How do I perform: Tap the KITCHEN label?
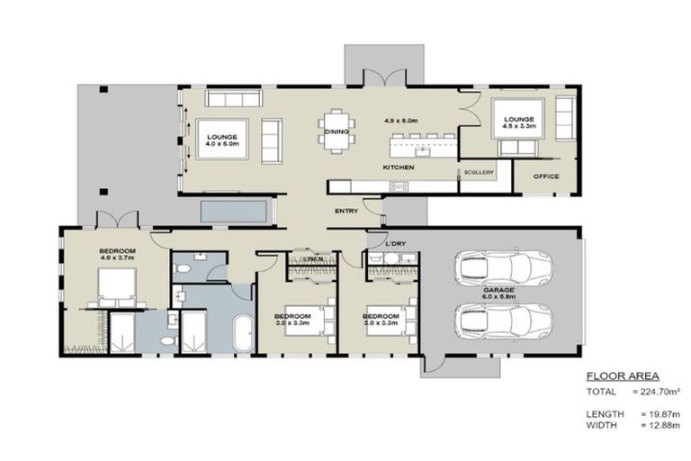(x=399, y=168)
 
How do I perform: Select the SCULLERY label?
(x=479, y=172)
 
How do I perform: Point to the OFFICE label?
(x=546, y=176)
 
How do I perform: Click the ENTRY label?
(x=346, y=211)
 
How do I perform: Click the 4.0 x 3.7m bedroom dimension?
(x=118, y=258)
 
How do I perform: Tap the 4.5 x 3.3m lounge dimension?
(x=519, y=127)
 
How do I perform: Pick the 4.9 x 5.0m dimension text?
(x=402, y=121)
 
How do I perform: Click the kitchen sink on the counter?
(x=398, y=186)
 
